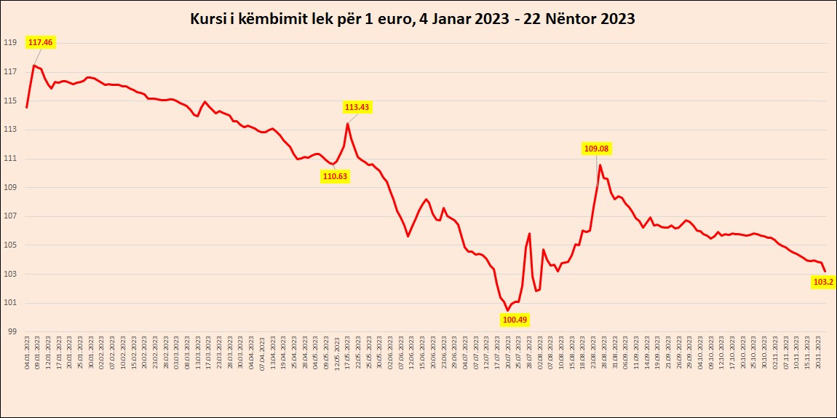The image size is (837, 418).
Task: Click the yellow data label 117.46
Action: point(41,42)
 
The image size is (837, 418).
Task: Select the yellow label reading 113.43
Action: point(357,107)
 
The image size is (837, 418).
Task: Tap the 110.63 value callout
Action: point(335,176)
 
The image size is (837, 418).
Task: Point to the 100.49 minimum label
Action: point(515,319)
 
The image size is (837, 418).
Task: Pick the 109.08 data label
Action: point(596,149)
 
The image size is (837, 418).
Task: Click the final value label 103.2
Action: point(822,282)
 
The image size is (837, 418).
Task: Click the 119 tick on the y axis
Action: point(10,43)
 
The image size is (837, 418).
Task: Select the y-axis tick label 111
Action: point(10,159)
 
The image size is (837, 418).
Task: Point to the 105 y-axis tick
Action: point(10,245)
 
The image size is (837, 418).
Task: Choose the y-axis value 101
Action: point(10,303)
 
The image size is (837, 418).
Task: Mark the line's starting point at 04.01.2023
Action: point(27,108)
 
